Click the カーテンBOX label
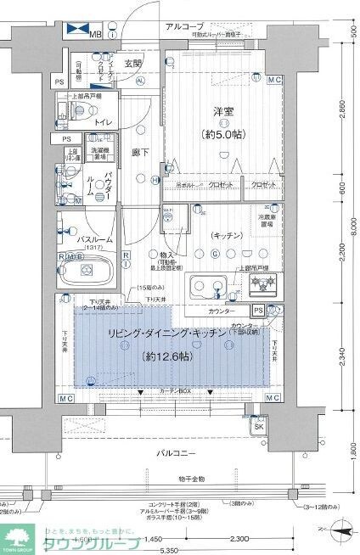pos(175,391)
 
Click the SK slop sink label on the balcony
pos(257,427)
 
